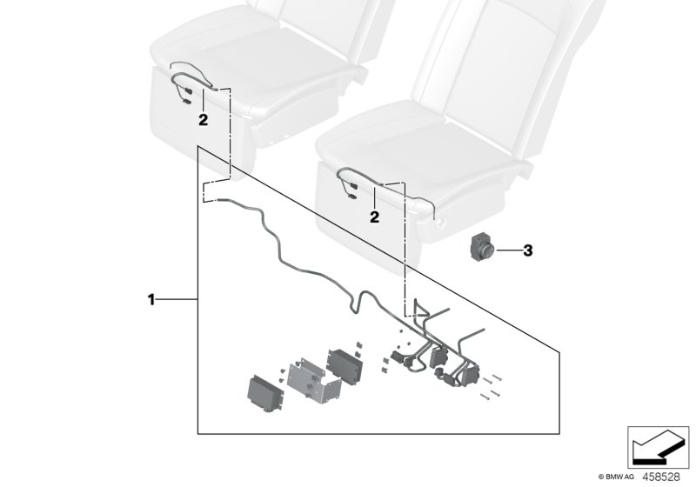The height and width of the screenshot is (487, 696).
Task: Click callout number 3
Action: pyautogui.click(x=526, y=252)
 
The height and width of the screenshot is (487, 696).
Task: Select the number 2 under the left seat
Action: pyautogui.click(x=202, y=121)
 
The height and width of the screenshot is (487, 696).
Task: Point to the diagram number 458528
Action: pyautogui.click(x=666, y=477)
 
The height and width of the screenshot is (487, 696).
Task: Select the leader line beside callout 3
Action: pyautogui.click(x=508, y=252)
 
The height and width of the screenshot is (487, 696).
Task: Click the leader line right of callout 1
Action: pyautogui.click(x=177, y=300)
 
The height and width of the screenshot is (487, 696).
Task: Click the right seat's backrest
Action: pyautogui.click(x=487, y=52)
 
